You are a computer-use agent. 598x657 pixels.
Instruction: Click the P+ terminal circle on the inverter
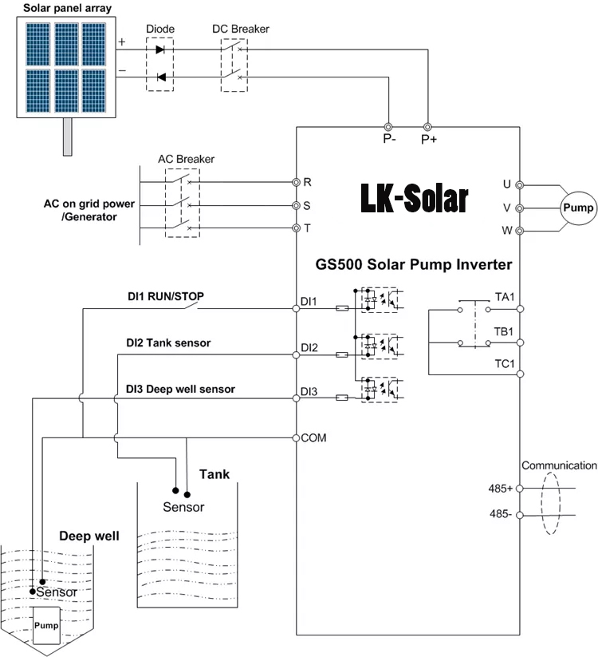[x=427, y=127]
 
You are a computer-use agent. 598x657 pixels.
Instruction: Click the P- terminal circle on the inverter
[x=388, y=127]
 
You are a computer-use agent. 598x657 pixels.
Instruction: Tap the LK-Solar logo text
[x=415, y=198]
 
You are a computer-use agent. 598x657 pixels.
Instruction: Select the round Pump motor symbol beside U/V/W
[x=578, y=208]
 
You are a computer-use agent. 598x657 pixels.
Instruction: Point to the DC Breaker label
[x=241, y=29]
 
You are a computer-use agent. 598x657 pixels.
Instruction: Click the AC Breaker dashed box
[x=183, y=203]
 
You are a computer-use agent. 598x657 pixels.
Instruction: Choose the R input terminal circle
[x=297, y=182]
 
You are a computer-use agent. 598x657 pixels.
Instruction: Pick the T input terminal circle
[x=297, y=228]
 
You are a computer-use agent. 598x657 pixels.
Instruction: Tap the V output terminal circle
[x=519, y=208]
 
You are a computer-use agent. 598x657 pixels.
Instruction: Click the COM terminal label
[x=313, y=437]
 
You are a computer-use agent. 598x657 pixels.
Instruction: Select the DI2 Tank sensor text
[x=168, y=342]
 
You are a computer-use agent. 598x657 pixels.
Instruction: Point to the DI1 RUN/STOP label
[x=166, y=296]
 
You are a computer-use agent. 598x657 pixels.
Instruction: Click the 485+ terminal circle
[x=519, y=488]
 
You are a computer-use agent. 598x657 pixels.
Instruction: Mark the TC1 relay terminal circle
[x=520, y=374]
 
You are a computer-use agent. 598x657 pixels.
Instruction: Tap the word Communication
[x=559, y=465]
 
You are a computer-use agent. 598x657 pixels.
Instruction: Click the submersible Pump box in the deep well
[x=46, y=625]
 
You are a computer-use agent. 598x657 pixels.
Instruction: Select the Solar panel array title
[x=67, y=8]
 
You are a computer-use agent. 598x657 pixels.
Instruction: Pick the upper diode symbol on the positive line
[x=159, y=49]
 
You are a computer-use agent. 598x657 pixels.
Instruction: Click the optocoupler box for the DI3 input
[x=380, y=390]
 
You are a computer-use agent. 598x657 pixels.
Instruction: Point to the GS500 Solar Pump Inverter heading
[x=414, y=264]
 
